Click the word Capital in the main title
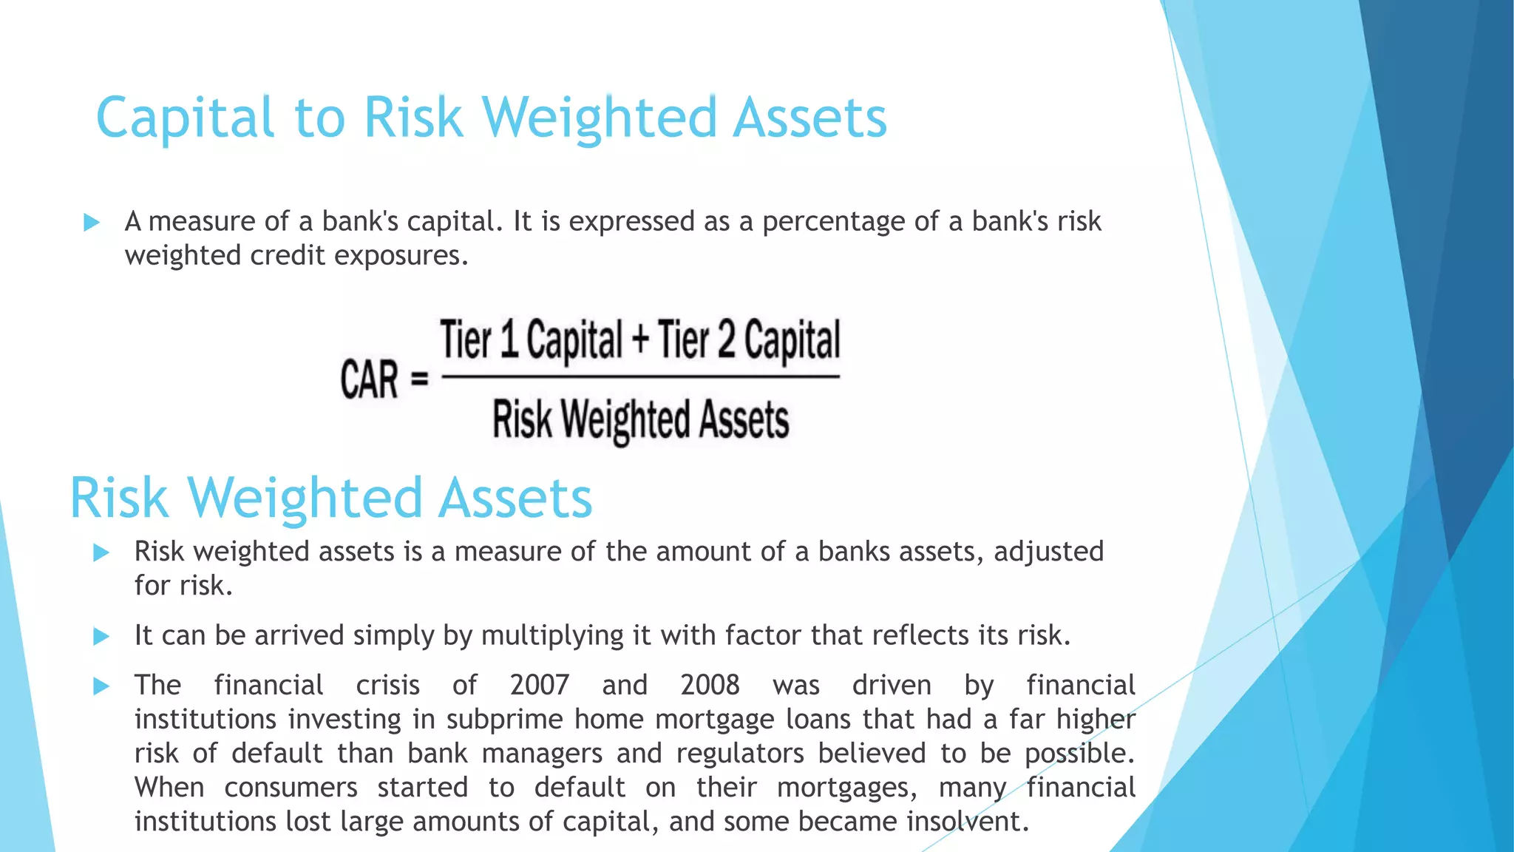coord(185,118)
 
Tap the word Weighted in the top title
coord(600,118)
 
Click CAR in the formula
coord(369,379)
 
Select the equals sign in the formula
coord(419,379)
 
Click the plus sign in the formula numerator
coord(640,341)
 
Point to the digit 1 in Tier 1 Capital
coord(509,339)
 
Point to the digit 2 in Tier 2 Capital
coord(727,339)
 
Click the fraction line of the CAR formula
coord(640,377)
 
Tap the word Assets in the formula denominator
coord(744,419)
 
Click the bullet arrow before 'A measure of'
coord(92,222)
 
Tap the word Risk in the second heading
coord(119,498)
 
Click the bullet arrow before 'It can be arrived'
coord(101,636)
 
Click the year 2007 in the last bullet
coord(539,685)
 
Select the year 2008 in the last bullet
coord(710,685)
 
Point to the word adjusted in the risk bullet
coord(1048,552)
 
